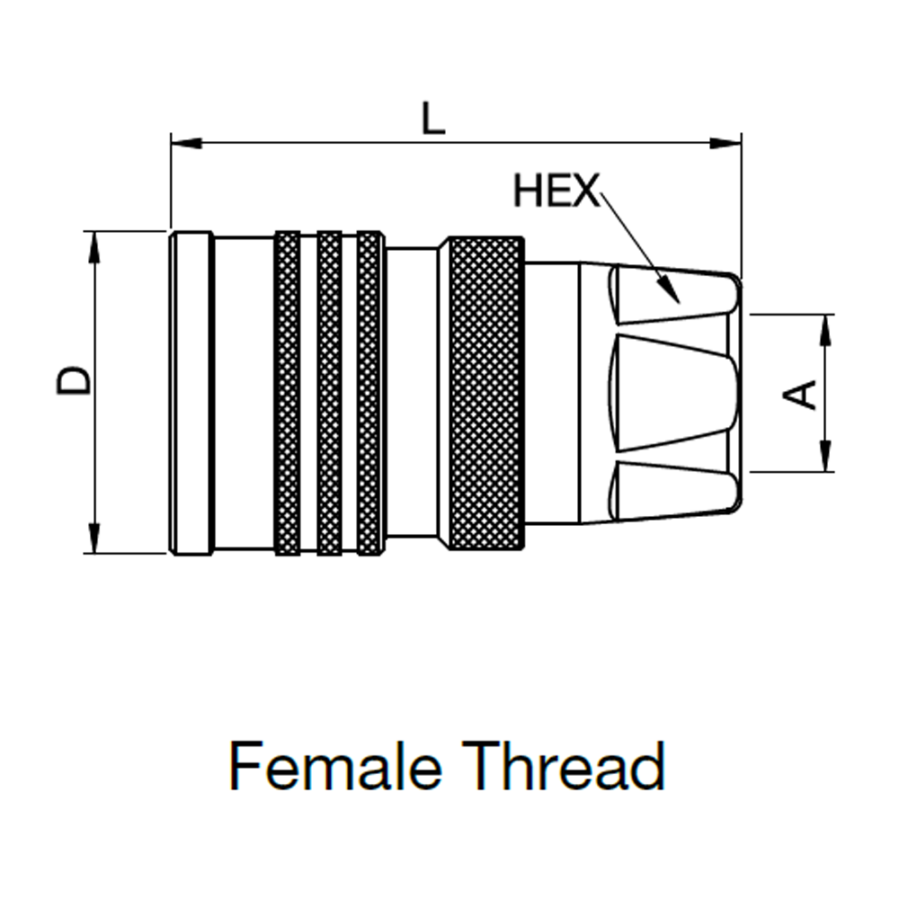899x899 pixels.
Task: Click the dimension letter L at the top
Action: tap(433, 119)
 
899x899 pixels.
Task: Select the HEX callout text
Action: tap(556, 191)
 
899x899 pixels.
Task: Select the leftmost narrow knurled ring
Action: tap(287, 393)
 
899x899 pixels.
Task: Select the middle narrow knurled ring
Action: tap(330, 393)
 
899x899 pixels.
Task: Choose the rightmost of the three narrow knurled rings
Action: tap(369, 393)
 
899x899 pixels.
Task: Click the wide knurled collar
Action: tap(485, 393)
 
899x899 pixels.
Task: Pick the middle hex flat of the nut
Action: tap(674, 393)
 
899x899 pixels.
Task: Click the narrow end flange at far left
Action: tap(191, 393)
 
